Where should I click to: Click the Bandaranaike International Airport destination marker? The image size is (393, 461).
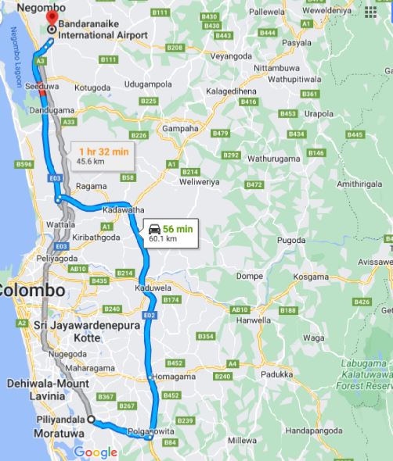click(52, 28)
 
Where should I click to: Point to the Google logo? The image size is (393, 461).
click(96, 452)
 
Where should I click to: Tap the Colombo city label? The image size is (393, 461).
click(31, 290)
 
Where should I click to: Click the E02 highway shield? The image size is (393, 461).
click(150, 315)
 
